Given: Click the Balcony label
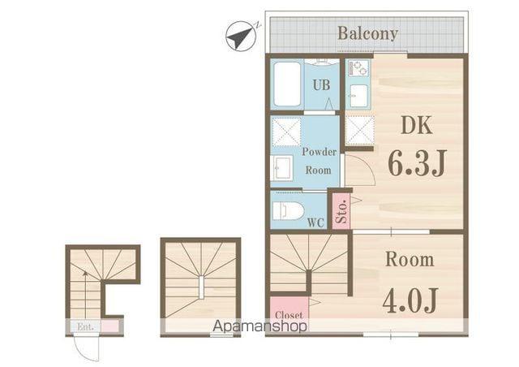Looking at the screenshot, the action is tap(367, 33).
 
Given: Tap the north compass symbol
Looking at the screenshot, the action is tap(241, 37).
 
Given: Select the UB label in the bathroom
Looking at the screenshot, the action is tap(321, 85).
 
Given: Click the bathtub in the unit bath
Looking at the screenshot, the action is tap(286, 84).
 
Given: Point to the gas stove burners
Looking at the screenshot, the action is tap(358, 69).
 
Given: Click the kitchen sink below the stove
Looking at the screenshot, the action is tap(358, 96).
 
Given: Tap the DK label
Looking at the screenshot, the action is tap(416, 125).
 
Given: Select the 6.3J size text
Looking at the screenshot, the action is tap(417, 162).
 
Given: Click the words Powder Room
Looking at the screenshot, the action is tap(319, 161).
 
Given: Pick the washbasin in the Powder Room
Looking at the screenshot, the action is tap(282, 168).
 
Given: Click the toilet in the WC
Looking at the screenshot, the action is tap(288, 211).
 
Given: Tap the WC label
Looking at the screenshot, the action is tap(315, 222).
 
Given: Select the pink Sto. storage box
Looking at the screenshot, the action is tap(341, 211).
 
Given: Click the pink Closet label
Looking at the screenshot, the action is tap(289, 315).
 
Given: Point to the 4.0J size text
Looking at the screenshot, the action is tap(410, 300).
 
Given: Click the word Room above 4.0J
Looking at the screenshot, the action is tap(410, 259).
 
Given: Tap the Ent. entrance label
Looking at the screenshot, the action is tap(85, 326).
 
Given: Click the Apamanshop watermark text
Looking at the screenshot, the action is tap(259, 326).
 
